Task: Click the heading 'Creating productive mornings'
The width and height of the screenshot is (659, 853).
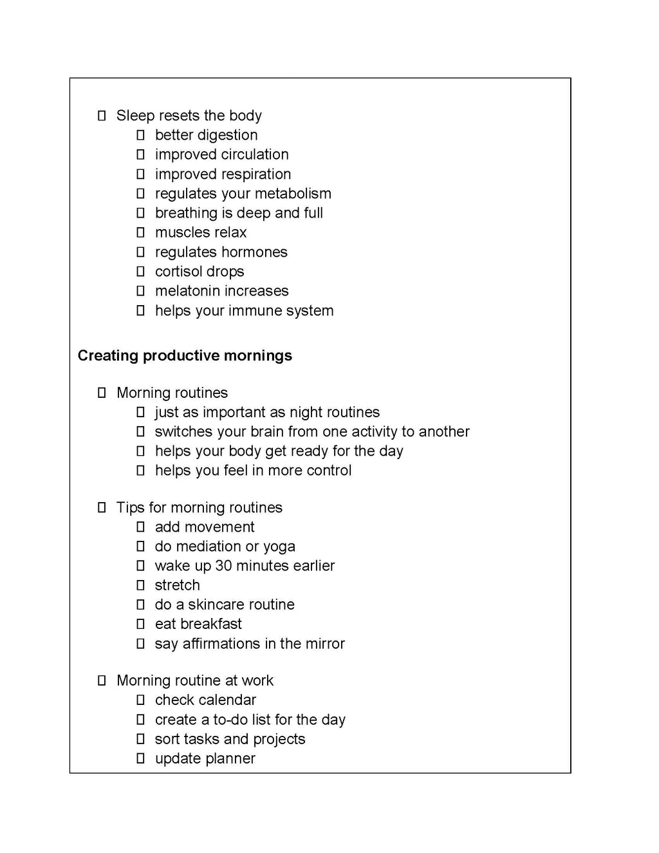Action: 185,355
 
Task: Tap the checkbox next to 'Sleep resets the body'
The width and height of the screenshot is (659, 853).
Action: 102,116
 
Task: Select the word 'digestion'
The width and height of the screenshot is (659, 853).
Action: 228,135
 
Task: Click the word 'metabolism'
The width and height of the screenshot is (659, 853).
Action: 292,194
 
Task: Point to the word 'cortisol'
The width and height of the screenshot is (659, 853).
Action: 177,272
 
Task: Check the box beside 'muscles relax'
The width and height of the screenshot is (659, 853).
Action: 140,232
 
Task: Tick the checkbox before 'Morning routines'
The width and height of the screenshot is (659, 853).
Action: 102,393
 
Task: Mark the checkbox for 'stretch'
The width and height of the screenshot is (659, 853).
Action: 140,585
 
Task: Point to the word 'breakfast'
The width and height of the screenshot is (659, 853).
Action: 211,624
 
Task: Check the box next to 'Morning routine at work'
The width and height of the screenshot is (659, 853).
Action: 102,680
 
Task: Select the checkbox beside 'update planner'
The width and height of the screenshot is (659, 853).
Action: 140,759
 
